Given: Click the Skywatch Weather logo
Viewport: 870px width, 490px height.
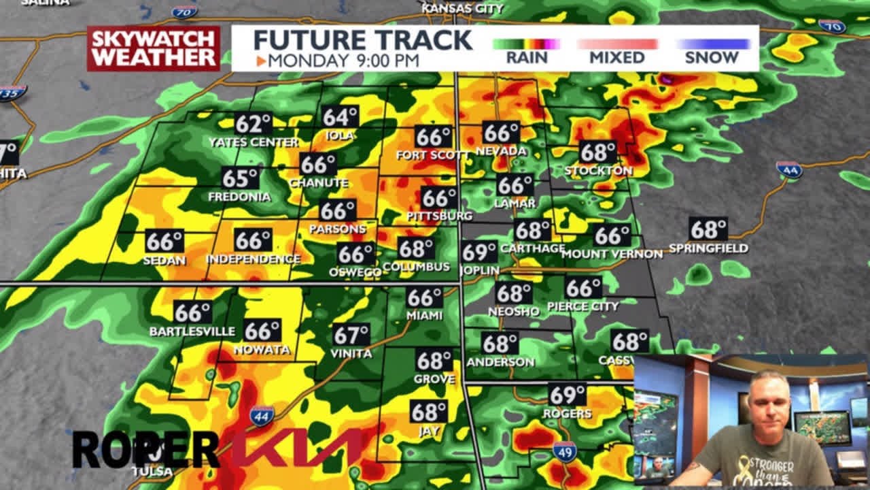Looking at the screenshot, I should pyautogui.click(x=153, y=48).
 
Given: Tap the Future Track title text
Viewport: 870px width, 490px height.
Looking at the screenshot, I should pyautogui.click(x=363, y=40).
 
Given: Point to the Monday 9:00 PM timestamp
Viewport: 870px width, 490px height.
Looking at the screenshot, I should pyautogui.click(x=338, y=61).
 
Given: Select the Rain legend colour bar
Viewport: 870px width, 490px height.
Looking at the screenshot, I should pyautogui.click(x=526, y=44).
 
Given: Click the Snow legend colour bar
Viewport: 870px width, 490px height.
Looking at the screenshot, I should pyautogui.click(x=712, y=44).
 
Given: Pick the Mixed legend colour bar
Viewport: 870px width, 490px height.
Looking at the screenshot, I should pyautogui.click(x=617, y=44).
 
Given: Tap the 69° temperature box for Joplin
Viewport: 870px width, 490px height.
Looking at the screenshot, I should pyautogui.click(x=479, y=252).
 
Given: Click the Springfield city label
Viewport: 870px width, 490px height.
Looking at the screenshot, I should pyautogui.click(x=708, y=248).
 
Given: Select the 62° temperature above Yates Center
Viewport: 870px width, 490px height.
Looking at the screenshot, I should pyautogui.click(x=253, y=124).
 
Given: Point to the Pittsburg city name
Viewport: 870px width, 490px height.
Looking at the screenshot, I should pyautogui.click(x=439, y=216).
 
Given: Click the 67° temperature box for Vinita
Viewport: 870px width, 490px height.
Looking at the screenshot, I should pyautogui.click(x=351, y=335).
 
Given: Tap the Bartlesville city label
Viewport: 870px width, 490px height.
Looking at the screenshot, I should pyautogui.click(x=192, y=331).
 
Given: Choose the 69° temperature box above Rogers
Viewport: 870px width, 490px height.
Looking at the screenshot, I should pyautogui.click(x=567, y=394).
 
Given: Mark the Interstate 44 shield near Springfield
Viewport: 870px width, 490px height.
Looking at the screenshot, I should pyautogui.click(x=790, y=169).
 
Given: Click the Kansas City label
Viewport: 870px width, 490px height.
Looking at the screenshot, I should pyautogui.click(x=462, y=8).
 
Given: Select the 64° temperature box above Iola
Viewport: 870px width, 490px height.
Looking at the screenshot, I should pyautogui.click(x=340, y=117).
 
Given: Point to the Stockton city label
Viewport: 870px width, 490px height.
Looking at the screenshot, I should pyautogui.click(x=598, y=170).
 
